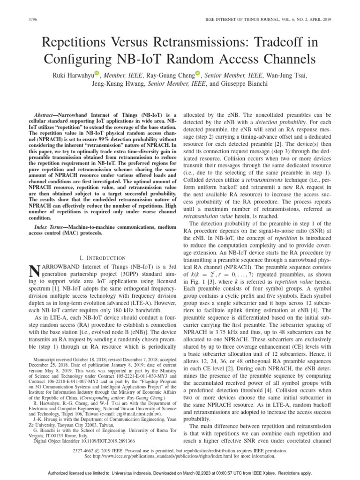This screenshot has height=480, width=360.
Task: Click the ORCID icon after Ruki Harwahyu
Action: click(97, 74)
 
